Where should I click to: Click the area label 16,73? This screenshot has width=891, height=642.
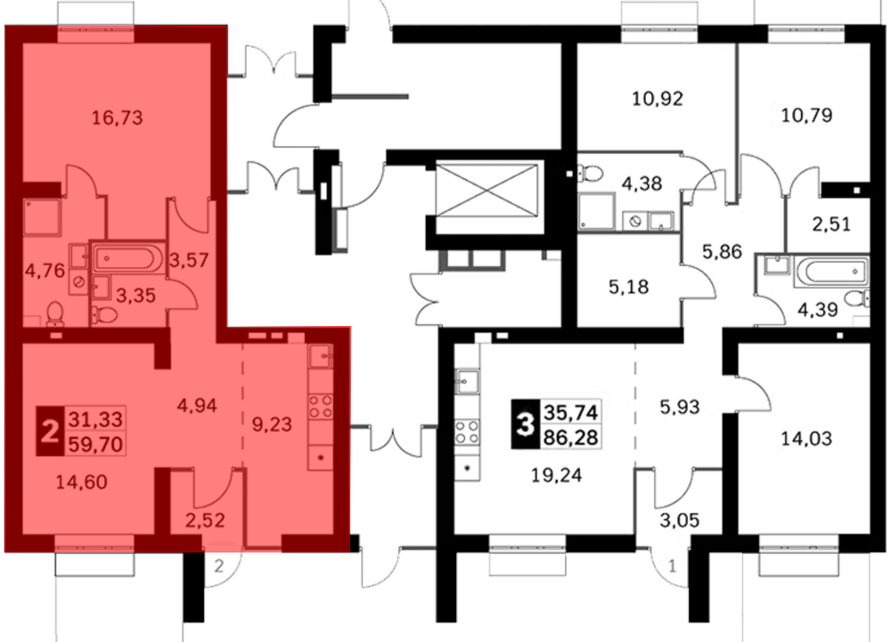coord(117,118)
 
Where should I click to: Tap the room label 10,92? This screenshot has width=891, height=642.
coord(658,99)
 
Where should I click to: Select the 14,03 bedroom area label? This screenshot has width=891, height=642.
coord(806,439)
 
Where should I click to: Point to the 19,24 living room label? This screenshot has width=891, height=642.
coord(556,475)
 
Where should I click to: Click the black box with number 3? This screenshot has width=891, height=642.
coord(525,424)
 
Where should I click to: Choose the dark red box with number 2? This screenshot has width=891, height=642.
coord(50,431)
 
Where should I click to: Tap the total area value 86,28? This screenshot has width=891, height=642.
coord(571,438)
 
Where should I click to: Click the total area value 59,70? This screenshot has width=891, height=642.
coord(95,444)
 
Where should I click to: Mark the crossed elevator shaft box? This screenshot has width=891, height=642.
coord(486,191)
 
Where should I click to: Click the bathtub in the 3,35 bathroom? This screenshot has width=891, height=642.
coord(127,258)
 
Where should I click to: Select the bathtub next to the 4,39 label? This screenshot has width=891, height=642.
coord(831,271)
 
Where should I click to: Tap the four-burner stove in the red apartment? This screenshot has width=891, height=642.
coord(321,406)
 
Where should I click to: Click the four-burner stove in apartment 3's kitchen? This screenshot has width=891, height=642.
coord(467,432)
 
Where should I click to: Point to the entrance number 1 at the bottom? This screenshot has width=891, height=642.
coord(672,566)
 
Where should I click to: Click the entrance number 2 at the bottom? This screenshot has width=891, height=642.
coord(219,566)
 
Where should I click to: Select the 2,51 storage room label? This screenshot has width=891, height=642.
coord(831,224)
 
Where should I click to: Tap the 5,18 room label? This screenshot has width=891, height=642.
coord(629,287)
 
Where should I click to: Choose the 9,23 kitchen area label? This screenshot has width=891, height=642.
coord(272,424)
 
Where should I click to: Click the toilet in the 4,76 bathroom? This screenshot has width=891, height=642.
coord(55,313)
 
